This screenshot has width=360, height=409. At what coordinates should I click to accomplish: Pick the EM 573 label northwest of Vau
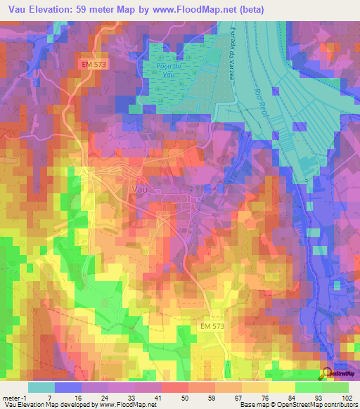(x=92, y=64)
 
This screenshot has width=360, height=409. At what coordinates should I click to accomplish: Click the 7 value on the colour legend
(x=54, y=397)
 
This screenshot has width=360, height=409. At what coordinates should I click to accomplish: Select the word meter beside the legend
(x=10, y=397)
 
